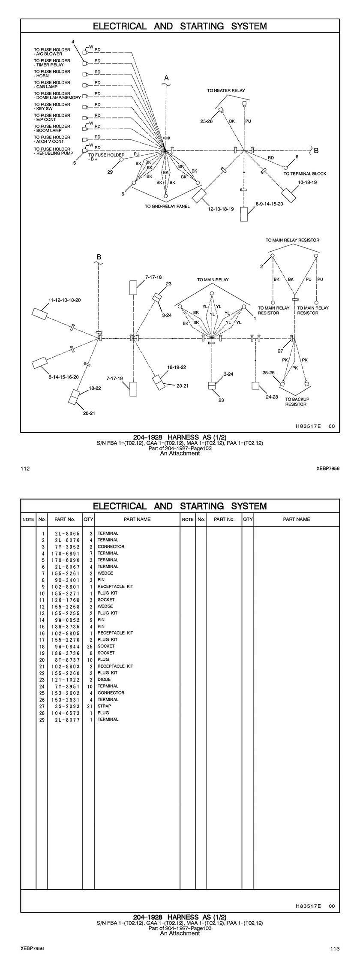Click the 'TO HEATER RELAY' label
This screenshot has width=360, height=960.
pyautogui.click(x=226, y=91)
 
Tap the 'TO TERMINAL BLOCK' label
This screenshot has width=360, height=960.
pyautogui.click(x=305, y=174)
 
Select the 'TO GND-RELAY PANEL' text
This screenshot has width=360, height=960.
pyautogui.click(x=167, y=206)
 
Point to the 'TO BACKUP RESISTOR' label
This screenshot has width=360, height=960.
pyautogui.click(x=297, y=402)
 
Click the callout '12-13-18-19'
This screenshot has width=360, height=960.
pyautogui.click(x=221, y=209)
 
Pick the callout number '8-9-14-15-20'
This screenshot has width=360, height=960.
pyautogui.click(x=269, y=204)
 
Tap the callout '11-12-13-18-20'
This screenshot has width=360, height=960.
pyautogui.click(x=64, y=300)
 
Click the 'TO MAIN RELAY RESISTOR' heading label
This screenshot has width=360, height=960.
pyautogui.click(x=292, y=240)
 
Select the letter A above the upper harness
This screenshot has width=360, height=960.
pyautogui.click(x=167, y=78)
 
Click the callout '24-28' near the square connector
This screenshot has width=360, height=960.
pyautogui.click(x=272, y=397)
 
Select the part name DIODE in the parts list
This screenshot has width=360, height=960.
pyautogui.click(x=104, y=680)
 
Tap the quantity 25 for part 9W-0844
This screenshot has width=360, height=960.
pyautogui.click(x=89, y=646)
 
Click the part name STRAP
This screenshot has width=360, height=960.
pyautogui.click(x=104, y=706)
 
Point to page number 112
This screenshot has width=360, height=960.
pyautogui.click(x=25, y=469)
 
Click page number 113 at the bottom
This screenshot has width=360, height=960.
pyautogui.click(x=335, y=948)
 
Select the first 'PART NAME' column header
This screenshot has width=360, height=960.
pyautogui.click(x=137, y=519)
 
